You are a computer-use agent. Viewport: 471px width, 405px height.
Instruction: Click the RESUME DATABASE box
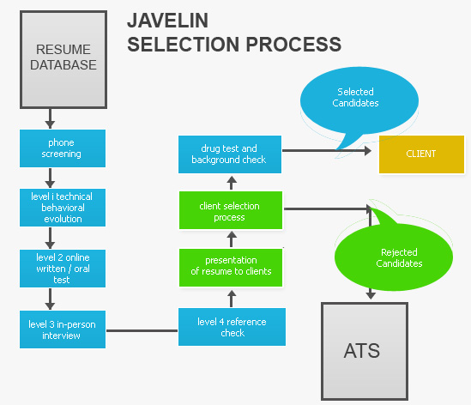(63, 59)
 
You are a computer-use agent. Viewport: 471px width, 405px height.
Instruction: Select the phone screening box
(63, 148)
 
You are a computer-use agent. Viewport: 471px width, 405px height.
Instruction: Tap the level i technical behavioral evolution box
(63, 208)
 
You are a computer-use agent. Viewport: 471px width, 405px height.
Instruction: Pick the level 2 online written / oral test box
(63, 269)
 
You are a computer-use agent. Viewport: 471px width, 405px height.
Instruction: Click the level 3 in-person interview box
(63, 329)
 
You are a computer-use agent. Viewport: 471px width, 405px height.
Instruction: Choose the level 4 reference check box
(232, 327)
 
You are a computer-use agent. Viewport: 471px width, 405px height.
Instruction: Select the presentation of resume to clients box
(231, 268)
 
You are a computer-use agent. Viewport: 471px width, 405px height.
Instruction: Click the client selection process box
(231, 210)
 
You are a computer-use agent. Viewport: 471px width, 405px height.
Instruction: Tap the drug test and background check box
(230, 154)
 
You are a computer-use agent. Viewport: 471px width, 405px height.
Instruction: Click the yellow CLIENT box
(422, 154)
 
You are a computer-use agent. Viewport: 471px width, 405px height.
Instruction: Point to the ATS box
(365, 352)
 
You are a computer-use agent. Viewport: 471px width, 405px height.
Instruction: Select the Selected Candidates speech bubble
(359, 100)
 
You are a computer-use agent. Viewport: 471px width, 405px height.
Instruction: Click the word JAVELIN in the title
(167, 21)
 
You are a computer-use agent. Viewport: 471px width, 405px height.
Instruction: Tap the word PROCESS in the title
(293, 45)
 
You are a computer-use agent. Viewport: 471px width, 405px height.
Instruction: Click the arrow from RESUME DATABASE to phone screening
(50, 119)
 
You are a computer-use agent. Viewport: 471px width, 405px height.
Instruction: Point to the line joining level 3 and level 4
(142, 331)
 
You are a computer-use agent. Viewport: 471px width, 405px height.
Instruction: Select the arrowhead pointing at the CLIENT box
(368, 151)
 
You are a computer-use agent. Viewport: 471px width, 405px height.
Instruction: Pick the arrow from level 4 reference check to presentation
(232, 299)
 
